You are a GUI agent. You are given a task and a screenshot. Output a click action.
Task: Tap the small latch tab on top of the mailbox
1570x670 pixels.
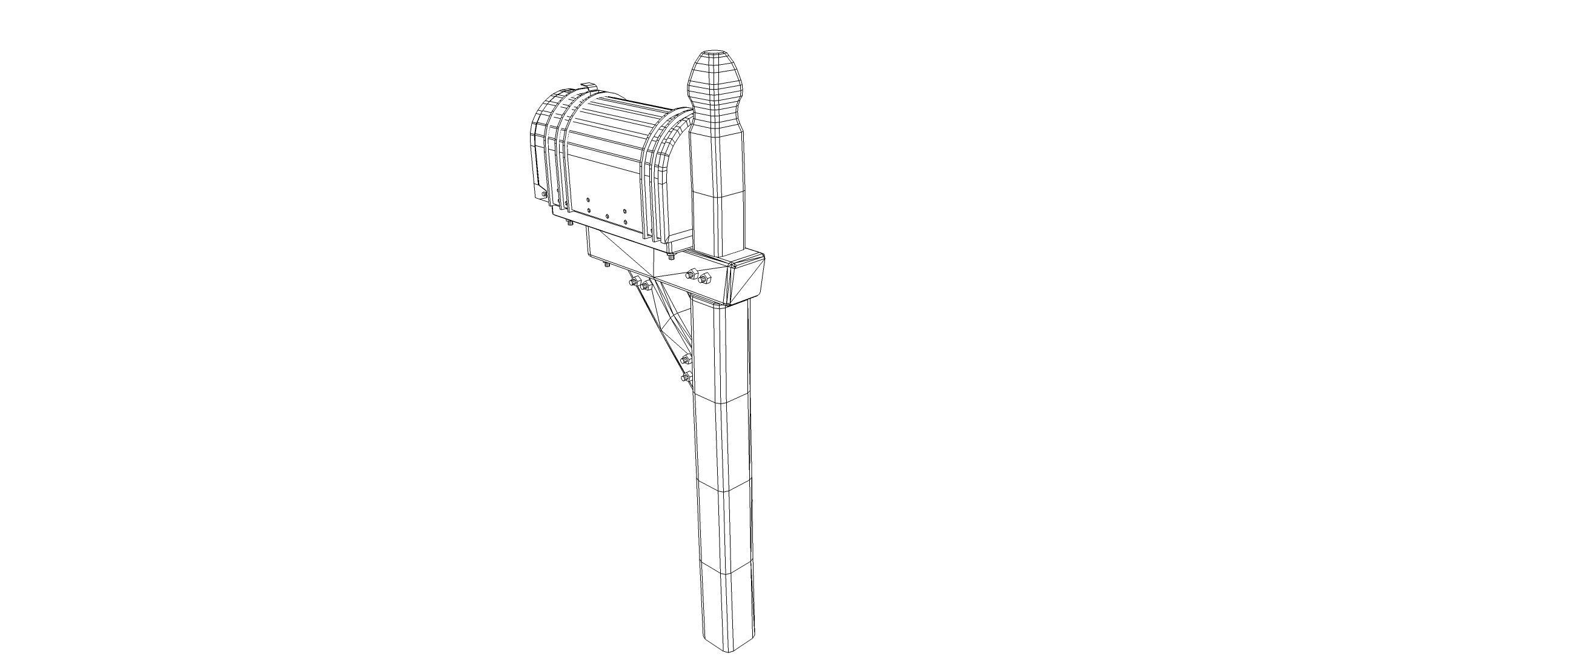tap(589, 85)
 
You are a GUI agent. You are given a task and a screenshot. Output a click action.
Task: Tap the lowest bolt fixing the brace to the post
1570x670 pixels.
tap(685, 379)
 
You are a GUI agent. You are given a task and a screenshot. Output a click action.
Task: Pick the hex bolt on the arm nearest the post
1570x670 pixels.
tap(704, 278)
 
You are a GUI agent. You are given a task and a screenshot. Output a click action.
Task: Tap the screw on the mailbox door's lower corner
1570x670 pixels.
tap(543, 194)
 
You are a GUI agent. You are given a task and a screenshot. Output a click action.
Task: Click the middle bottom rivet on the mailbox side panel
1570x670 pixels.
tap(181, 216)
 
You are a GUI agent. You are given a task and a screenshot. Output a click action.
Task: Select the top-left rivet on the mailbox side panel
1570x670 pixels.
tap(161, 199)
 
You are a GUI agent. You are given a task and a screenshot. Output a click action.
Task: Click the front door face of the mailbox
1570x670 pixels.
tap(539, 147)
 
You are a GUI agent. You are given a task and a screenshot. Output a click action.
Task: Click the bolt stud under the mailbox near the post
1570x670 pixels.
tap(671, 257)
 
